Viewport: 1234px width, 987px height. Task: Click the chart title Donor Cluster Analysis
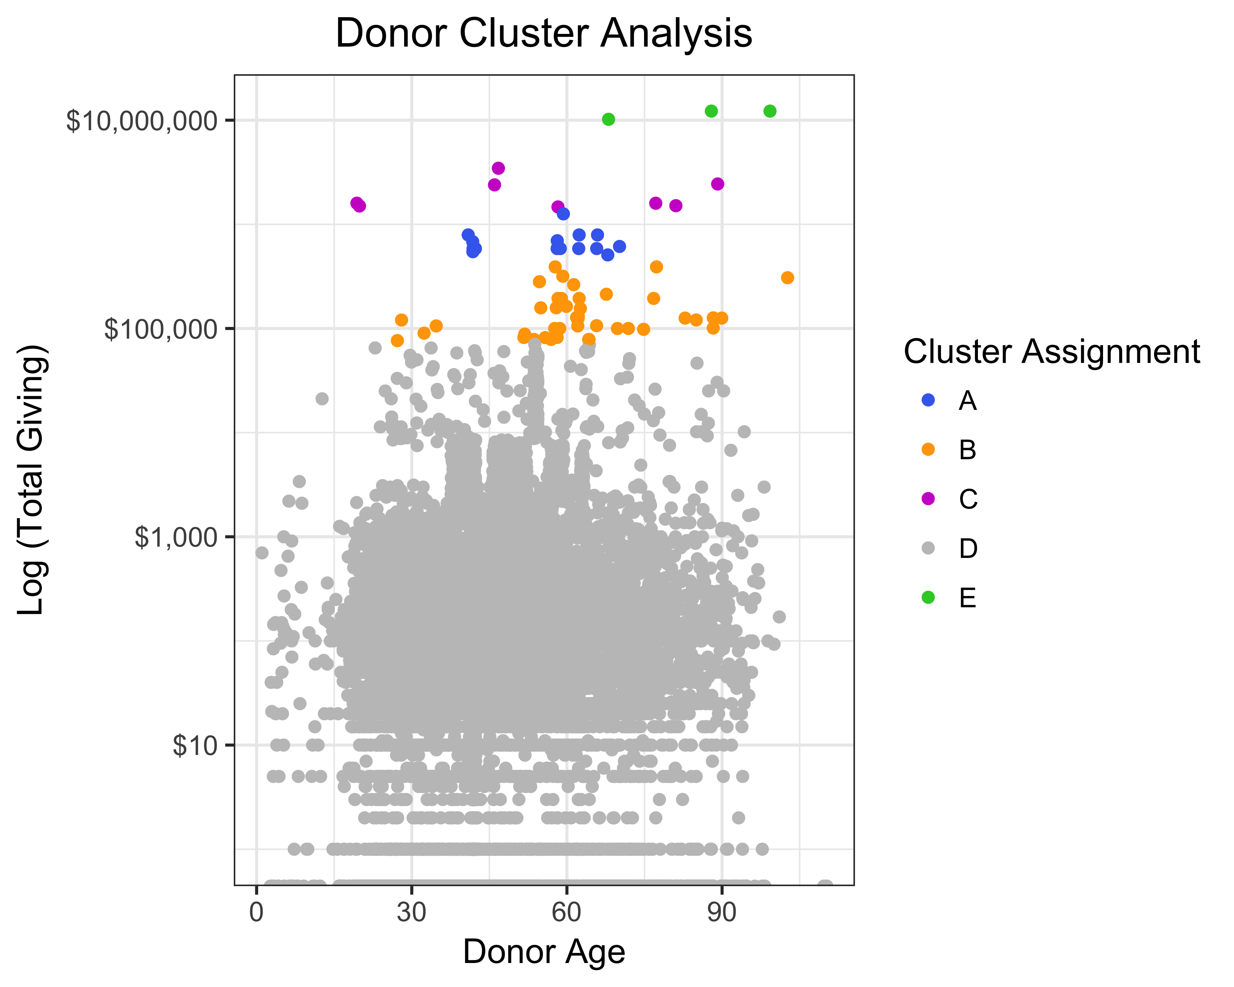point(543,33)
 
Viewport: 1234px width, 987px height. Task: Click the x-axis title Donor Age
point(543,951)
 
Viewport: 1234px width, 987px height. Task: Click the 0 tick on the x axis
point(256,912)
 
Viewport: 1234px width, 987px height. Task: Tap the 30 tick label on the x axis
point(412,912)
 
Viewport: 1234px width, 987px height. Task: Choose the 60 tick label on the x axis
point(567,912)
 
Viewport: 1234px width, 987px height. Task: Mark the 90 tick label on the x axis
point(722,912)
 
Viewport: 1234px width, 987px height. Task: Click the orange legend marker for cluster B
point(928,450)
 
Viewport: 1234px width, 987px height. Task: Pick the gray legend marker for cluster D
point(928,548)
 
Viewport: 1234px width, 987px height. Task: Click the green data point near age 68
point(608,119)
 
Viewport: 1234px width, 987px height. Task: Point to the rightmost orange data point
point(788,278)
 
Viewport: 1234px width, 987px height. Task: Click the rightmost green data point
point(770,111)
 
